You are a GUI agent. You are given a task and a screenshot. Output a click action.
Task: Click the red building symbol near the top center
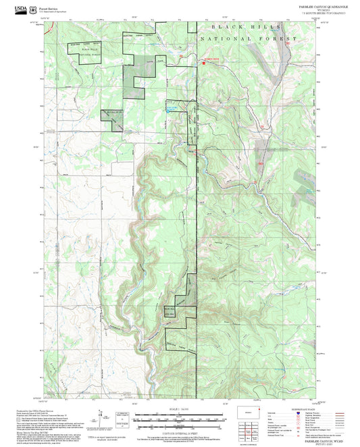point(210,60)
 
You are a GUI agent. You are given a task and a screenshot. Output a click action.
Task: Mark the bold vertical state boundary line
point(198,236)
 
